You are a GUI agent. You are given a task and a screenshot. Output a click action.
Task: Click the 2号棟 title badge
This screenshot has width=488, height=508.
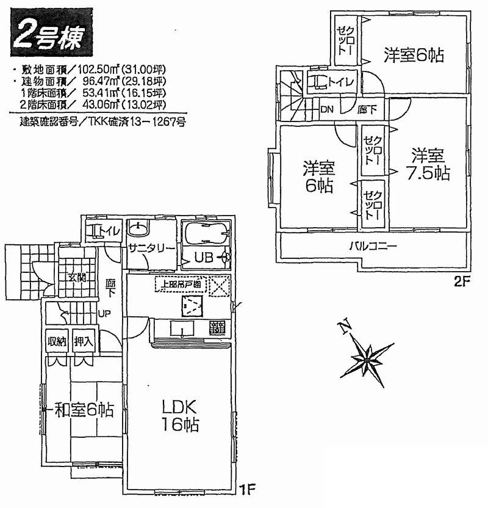pos(54,34)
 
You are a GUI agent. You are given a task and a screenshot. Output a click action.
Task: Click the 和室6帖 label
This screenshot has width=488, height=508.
pos(82,410)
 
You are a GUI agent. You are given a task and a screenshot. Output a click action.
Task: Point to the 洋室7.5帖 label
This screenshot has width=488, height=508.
pos(426,164)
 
